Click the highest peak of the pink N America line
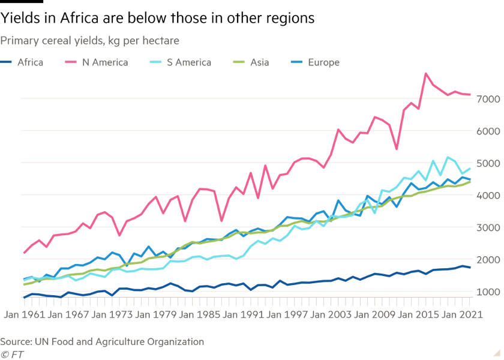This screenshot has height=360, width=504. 426,73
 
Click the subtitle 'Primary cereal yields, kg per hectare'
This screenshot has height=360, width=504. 90,41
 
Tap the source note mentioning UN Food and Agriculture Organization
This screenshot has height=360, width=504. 102,342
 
